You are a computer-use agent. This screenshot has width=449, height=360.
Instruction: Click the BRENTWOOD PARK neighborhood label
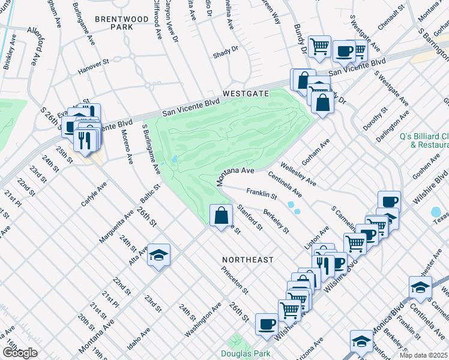tap(122, 23)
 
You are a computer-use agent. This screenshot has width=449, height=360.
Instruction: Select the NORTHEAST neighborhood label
tap(247, 260)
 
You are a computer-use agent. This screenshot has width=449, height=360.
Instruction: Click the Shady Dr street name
tap(226, 54)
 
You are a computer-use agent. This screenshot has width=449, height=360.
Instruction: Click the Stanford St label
tap(250, 217)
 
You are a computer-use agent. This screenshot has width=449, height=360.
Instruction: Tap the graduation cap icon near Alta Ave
tap(159, 255)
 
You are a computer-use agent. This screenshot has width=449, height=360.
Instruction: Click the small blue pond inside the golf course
tap(173, 160)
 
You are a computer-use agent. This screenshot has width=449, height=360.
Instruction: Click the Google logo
tap(20, 353)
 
